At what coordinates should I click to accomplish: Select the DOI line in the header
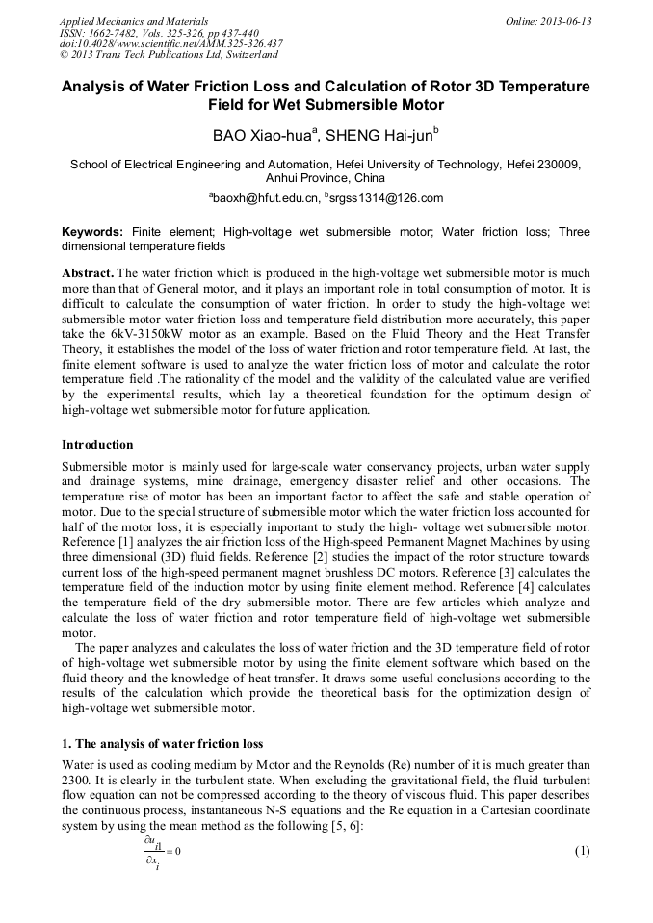[170, 43]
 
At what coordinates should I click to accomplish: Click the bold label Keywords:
[92, 232]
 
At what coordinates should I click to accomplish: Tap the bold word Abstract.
[87, 272]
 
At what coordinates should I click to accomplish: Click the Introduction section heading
[99, 445]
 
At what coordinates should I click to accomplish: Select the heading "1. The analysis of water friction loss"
[162, 744]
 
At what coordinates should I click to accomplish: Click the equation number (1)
[581, 852]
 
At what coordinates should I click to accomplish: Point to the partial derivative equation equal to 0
[158, 852]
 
